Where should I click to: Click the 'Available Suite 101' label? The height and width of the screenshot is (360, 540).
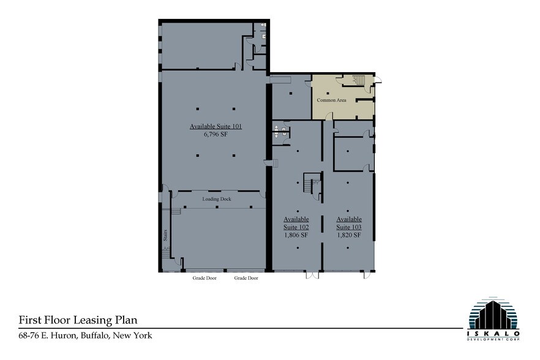click(216, 127)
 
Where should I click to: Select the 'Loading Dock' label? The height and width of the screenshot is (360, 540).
click(215, 199)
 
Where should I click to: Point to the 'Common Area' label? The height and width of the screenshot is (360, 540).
click(332, 100)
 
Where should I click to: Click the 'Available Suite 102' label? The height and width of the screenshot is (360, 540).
click(296, 223)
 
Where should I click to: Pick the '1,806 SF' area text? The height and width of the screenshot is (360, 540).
click(296, 235)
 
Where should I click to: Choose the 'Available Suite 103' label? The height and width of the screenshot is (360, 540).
click(349, 223)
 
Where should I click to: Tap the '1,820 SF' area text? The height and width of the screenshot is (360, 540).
click(349, 235)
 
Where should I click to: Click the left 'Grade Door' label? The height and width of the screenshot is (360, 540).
click(198, 278)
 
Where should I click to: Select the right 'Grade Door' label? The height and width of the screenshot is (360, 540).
click(246, 278)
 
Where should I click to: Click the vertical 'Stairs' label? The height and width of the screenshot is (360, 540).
click(165, 236)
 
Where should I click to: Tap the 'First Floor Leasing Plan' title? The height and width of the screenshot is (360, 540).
click(78, 320)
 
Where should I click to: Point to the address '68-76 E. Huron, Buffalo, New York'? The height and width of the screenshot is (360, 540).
click(85, 336)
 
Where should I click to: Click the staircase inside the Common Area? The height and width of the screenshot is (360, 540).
click(357, 81)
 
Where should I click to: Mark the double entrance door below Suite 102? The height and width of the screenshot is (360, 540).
click(312, 275)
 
